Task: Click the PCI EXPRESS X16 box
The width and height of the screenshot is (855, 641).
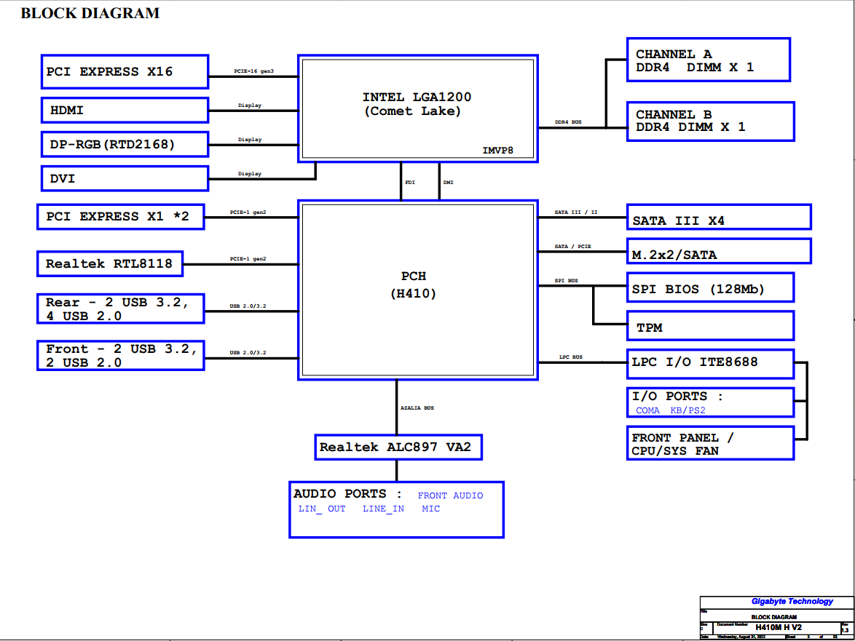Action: (x=124, y=71)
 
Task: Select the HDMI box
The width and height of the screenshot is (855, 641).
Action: (x=124, y=111)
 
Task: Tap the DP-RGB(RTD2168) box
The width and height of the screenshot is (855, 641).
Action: (x=124, y=144)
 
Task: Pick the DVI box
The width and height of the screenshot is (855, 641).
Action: (x=124, y=178)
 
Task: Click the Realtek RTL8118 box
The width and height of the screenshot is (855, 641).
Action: (x=109, y=263)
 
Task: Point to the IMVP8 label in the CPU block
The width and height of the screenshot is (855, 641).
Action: (x=498, y=151)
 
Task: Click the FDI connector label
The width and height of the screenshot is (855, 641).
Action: (x=409, y=183)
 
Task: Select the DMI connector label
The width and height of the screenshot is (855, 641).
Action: (x=448, y=183)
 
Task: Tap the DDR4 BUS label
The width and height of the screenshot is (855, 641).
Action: (x=568, y=123)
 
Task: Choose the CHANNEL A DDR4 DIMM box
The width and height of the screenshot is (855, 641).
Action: (x=708, y=60)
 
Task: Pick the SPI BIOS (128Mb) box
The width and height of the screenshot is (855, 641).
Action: (x=709, y=288)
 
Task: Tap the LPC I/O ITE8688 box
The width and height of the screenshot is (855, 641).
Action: (x=709, y=363)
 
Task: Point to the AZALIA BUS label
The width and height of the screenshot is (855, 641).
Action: (x=417, y=408)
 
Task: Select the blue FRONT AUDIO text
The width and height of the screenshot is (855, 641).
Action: (x=450, y=495)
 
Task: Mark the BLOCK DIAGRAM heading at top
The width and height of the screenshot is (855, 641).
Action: (x=90, y=13)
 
